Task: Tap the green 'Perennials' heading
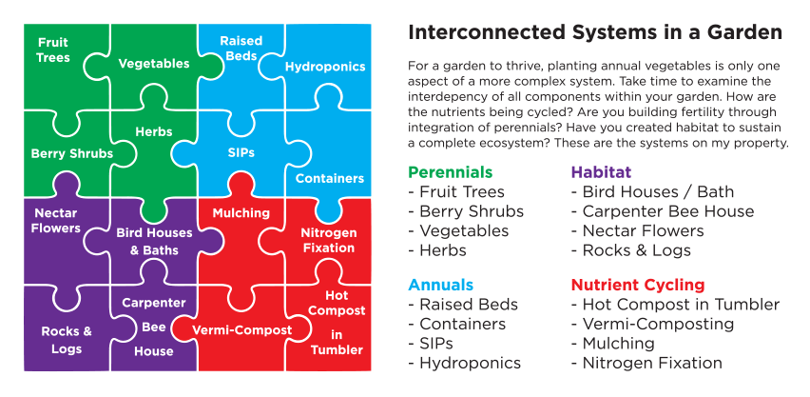(450, 172)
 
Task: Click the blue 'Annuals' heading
(440, 285)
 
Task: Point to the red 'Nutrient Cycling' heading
(637, 285)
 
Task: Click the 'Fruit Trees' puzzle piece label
(53, 50)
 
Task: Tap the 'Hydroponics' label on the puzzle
(325, 68)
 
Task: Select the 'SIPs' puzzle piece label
(241, 152)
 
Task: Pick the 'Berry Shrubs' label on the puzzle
(72, 153)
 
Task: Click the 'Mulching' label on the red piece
(241, 213)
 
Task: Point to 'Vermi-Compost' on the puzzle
(241, 329)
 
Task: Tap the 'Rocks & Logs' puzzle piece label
(67, 340)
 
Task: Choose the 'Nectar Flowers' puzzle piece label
(55, 221)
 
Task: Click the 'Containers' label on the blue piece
(330, 178)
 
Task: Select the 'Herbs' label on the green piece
(153, 131)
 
